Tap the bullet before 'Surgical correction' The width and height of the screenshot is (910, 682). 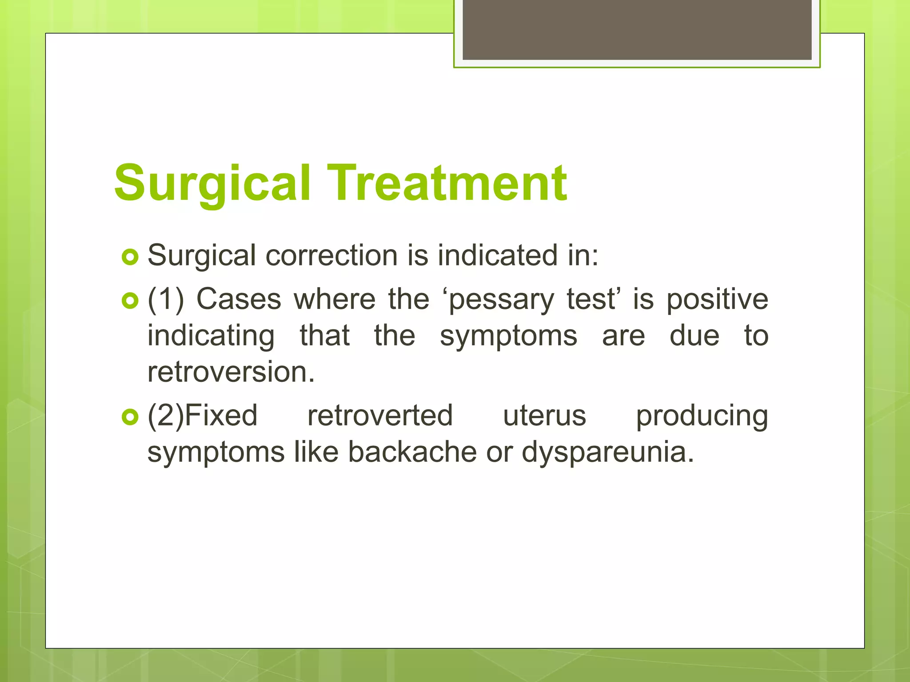tap(130, 257)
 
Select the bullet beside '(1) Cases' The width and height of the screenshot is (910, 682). tap(130, 301)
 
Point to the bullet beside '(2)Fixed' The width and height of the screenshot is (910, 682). tap(130, 417)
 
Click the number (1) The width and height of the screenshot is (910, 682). tap(166, 299)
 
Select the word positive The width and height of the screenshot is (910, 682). tap(717, 299)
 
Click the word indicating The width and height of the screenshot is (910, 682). tap(211, 336)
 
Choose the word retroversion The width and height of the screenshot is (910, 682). tap(231, 372)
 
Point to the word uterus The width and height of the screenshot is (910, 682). tap(544, 416)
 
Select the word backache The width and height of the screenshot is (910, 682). tap(412, 452)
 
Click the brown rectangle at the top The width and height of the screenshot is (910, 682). tap(637, 29)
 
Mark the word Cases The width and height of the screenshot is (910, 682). tap(239, 299)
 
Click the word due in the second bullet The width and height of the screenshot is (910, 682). tap(694, 336)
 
